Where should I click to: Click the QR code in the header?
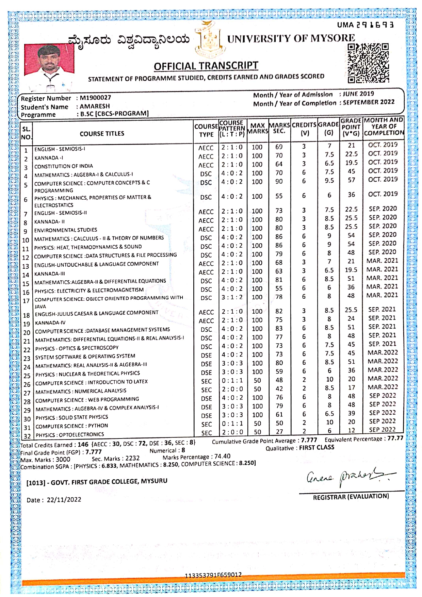tap(368, 63)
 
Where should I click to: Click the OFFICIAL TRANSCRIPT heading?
tap(206, 66)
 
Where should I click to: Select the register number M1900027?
tap(95, 98)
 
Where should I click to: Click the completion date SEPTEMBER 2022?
tap(369, 102)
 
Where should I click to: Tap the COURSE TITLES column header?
tap(102, 134)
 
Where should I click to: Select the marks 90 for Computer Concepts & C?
tap(279, 181)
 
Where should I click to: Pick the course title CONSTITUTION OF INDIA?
tap(64, 166)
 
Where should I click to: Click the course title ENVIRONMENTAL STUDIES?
tap(66, 230)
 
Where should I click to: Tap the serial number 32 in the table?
tap(27, 436)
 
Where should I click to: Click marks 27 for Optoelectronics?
tap(279, 432)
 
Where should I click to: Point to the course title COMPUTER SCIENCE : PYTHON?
tap(72, 426)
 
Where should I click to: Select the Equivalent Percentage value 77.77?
tap(395, 438)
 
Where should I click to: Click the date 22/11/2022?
tap(64, 499)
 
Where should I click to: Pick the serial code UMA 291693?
tap(366, 25)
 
